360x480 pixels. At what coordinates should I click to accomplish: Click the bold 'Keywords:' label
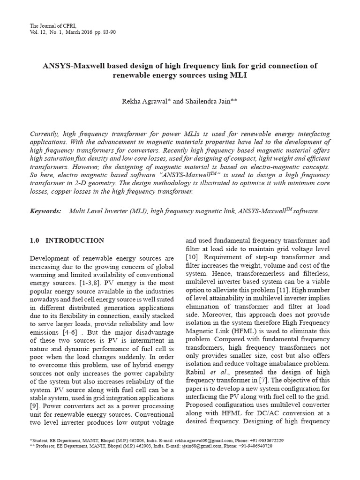45,211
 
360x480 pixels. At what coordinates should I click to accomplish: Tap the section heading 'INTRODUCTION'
75,240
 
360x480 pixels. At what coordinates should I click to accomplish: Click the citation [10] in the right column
193,257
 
